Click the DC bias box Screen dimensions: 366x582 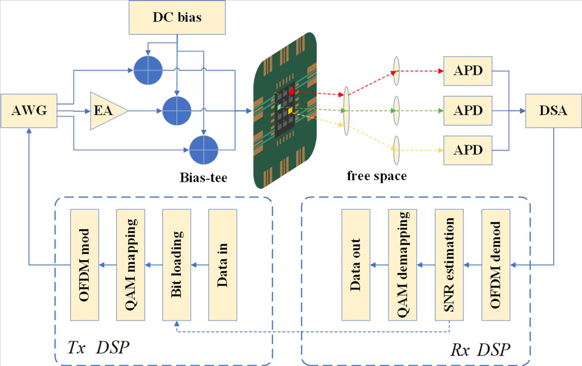click(177, 17)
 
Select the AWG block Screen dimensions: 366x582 click(29, 111)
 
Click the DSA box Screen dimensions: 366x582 click(553, 111)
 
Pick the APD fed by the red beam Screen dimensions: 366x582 click(468, 71)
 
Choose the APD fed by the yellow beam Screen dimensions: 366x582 click(468, 150)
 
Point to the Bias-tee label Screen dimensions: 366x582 click(203, 178)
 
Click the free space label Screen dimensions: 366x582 click(377, 176)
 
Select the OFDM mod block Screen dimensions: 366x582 click(84, 265)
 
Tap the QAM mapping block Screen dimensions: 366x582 click(131, 265)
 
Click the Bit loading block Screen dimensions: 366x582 click(176, 265)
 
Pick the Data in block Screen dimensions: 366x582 click(223, 265)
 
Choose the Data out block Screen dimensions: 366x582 click(356, 265)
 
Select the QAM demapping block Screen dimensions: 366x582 click(402, 265)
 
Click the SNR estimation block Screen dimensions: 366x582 click(449, 265)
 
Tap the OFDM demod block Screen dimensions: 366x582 click(496, 265)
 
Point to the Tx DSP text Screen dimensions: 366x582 click(98, 347)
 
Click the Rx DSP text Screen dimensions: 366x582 click(480, 350)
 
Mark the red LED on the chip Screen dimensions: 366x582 click(291, 91)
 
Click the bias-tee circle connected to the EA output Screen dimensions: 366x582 click(177, 111)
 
